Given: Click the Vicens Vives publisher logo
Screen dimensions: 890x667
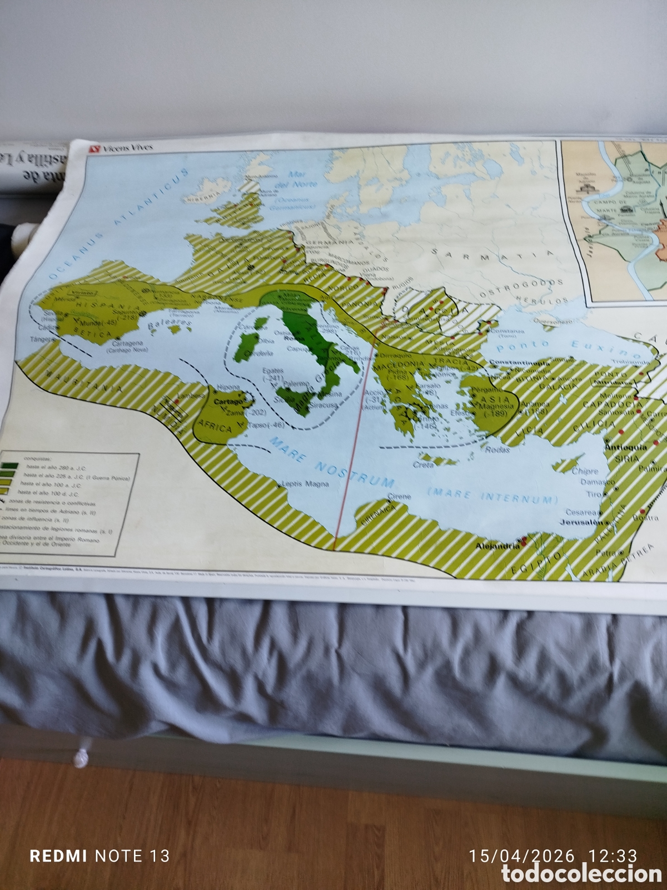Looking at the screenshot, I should tap(121, 147).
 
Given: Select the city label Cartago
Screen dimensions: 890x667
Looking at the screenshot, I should tap(228, 401).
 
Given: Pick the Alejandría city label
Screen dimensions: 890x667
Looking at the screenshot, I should tap(497, 546).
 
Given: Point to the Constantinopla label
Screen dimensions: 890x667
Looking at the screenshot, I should tap(516, 362).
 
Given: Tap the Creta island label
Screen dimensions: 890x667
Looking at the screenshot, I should tap(424, 464).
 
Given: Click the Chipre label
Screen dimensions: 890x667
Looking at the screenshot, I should tap(585, 471).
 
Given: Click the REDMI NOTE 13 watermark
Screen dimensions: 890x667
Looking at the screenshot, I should tap(99, 856).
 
